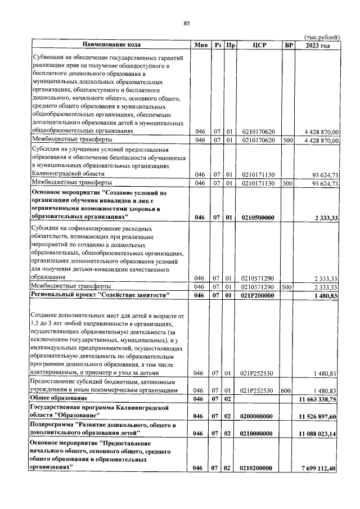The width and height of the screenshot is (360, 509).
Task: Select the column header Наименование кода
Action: pyautogui.click(x=111, y=44)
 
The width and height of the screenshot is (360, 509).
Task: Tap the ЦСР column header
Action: pyautogui.click(x=259, y=44)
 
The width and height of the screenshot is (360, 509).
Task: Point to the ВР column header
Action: pyautogui.click(x=289, y=44)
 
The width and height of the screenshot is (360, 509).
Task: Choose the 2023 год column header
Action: pyautogui.click(x=318, y=44)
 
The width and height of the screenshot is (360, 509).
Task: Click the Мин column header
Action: pyautogui.click(x=200, y=44)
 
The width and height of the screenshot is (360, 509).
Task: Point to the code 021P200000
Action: pyautogui.click(x=258, y=295)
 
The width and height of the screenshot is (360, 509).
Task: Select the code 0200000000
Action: pyautogui.click(x=258, y=416)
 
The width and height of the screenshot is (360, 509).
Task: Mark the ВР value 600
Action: pyautogui.click(x=288, y=390)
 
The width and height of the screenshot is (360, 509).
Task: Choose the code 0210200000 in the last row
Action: pyautogui.click(x=258, y=468)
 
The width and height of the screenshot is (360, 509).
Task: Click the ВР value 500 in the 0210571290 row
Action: pyautogui.click(x=288, y=286)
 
